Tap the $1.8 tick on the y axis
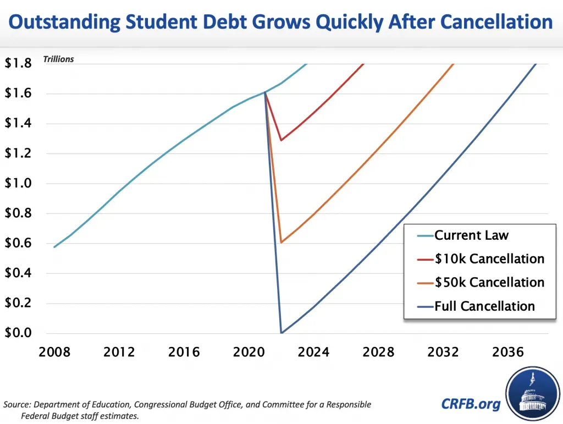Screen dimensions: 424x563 (18, 63)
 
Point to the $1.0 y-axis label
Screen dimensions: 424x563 (18, 183)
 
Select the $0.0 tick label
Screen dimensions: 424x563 (18, 333)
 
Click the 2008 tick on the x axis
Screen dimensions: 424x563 (54, 352)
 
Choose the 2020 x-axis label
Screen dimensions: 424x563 (249, 352)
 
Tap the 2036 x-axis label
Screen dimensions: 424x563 (509, 352)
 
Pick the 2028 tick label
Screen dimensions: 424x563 (379, 352)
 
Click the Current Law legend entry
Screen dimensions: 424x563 (471, 235)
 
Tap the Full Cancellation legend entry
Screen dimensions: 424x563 (484, 306)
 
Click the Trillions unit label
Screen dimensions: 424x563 (58, 59)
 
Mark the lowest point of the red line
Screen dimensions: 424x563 (281, 140)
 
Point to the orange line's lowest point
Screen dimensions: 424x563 (281, 243)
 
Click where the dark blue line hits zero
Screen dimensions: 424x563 (281, 333)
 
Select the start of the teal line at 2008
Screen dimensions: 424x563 (54, 247)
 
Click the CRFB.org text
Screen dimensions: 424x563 (471, 405)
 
